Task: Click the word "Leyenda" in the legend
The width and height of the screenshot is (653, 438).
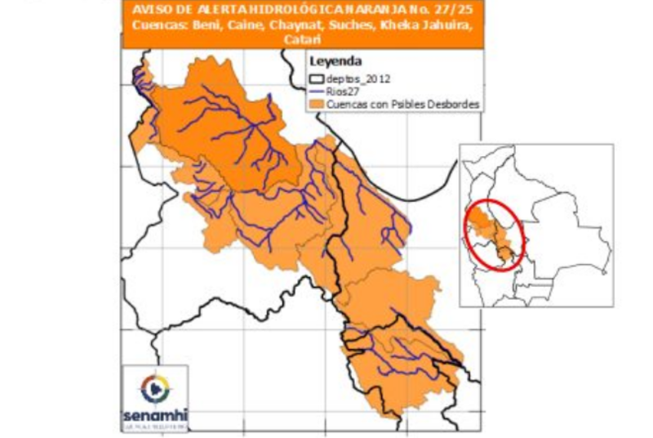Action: coord(335,62)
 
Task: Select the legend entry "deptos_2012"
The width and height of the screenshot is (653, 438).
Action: coord(358,79)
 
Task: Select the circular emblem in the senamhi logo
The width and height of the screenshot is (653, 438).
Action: coord(155,387)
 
